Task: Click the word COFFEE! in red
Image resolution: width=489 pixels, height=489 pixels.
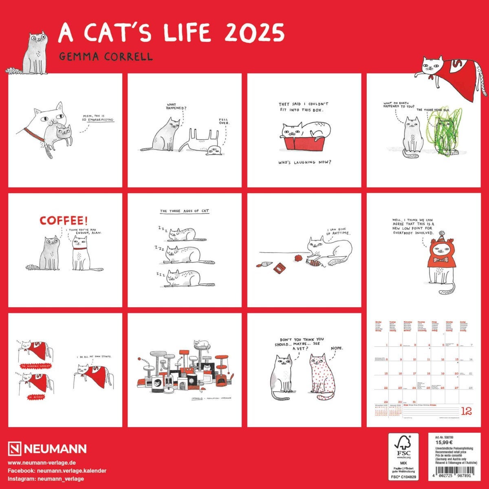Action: (x=64, y=220)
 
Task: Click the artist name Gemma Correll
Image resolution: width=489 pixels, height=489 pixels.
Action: (x=106, y=57)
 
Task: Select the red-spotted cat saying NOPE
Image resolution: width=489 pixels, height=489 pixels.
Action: (x=322, y=375)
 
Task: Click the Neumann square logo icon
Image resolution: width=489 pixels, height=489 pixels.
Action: (x=15, y=449)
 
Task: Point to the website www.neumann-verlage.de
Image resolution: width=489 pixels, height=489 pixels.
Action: (x=42, y=463)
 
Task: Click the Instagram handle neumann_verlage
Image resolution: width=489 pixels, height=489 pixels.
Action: (x=46, y=479)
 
